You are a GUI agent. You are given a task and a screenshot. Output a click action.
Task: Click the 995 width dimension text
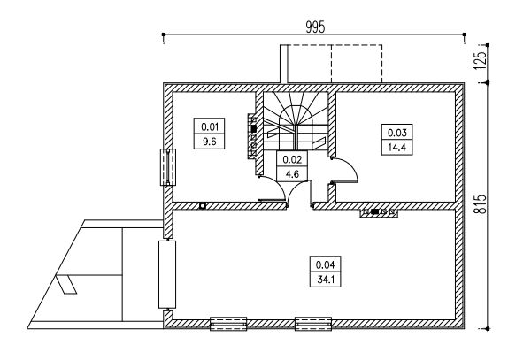315,27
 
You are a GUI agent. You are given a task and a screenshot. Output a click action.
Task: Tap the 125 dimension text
481,60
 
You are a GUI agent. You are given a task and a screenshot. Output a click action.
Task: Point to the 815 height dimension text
481,204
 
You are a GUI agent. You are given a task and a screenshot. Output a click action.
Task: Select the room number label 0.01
210,126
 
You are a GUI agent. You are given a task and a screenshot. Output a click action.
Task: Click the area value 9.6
209,142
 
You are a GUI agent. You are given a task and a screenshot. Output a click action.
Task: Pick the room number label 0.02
292,159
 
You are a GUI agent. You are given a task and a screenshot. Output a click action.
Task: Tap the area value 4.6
292,174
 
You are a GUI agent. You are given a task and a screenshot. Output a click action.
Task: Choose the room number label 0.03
396,133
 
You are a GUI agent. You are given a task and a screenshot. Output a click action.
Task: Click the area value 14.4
396,148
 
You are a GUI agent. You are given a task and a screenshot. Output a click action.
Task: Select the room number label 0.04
325,264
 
